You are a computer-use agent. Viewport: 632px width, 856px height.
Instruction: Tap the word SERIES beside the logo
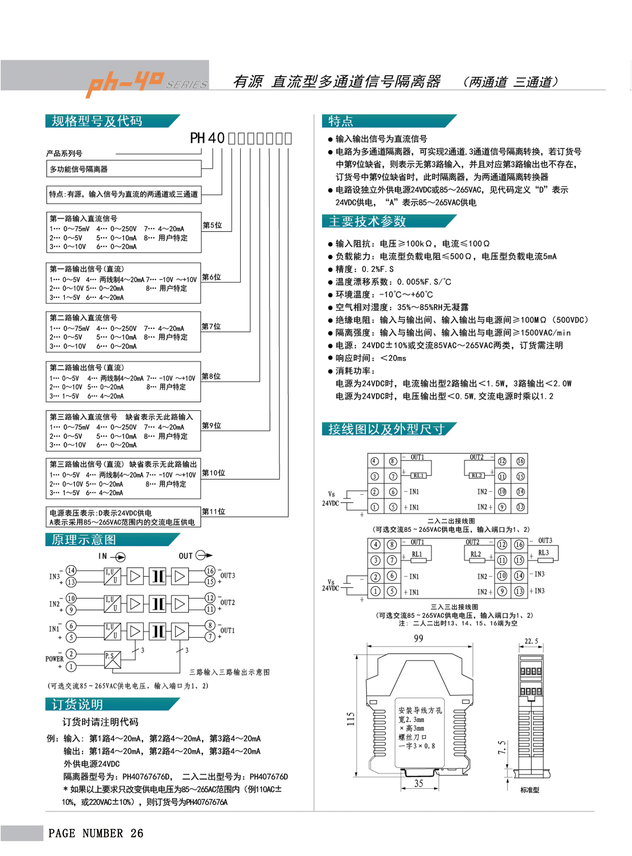pyautogui.click(x=186, y=85)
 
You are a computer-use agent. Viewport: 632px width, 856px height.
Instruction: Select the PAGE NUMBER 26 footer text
pyautogui.click(x=96, y=833)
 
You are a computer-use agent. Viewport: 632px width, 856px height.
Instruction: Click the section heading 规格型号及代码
pyautogui.click(x=97, y=121)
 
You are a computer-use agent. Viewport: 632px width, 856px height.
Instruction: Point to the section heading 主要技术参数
pyautogui.click(x=367, y=221)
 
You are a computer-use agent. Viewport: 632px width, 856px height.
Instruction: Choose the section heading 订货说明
pyautogui.click(x=77, y=705)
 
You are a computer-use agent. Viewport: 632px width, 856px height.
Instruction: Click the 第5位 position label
pyautogui.click(x=212, y=225)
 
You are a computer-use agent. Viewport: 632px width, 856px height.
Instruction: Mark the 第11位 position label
pyautogui.click(x=214, y=512)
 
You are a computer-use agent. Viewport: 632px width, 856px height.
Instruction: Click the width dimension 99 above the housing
pyautogui.click(x=418, y=638)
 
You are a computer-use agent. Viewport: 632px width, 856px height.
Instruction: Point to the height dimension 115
pyautogui.click(x=351, y=719)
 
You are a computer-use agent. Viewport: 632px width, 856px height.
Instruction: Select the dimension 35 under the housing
pyautogui.click(x=418, y=783)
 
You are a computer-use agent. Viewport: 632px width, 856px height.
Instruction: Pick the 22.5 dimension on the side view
pyautogui.click(x=531, y=641)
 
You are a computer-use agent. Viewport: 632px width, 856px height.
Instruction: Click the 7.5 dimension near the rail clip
pyautogui.click(x=502, y=747)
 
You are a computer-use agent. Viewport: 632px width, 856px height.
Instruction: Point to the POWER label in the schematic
pyautogui.click(x=54, y=659)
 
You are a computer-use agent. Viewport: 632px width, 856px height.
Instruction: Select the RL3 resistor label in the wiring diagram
pyautogui.click(x=543, y=552)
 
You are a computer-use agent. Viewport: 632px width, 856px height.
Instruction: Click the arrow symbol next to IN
pyautogui.click(x=120, y=557)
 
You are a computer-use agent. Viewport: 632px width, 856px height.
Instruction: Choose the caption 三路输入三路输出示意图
pyautogui.click(x=229, y=672)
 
